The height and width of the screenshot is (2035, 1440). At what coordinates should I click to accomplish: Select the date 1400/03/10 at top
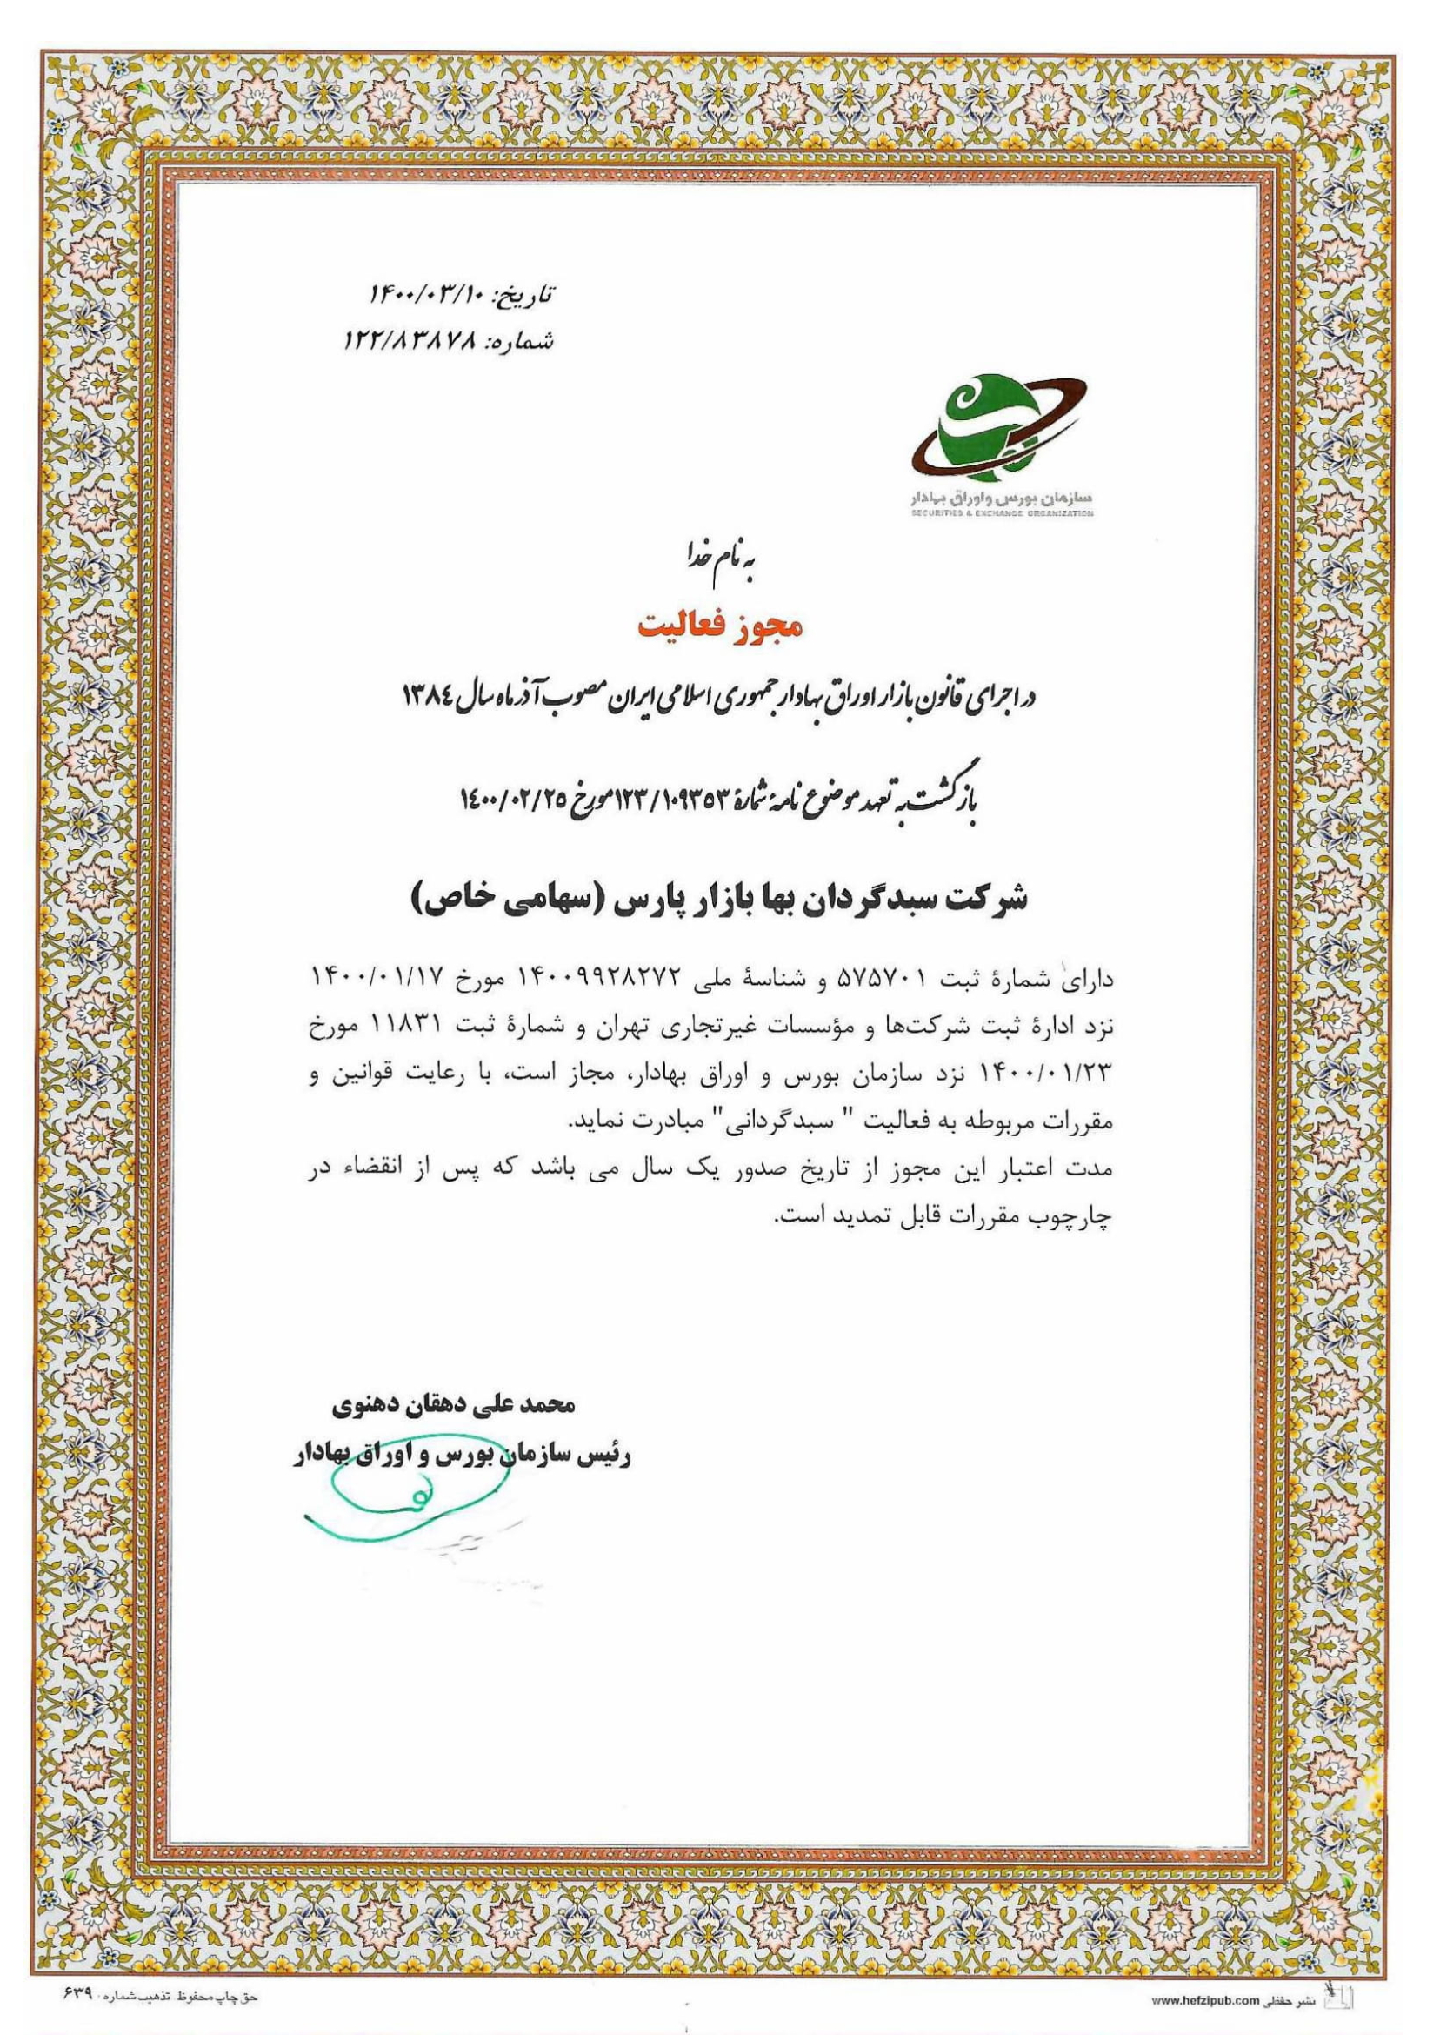click(426, 292)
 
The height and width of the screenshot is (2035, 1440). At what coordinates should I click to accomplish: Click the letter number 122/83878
click(410, 341)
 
